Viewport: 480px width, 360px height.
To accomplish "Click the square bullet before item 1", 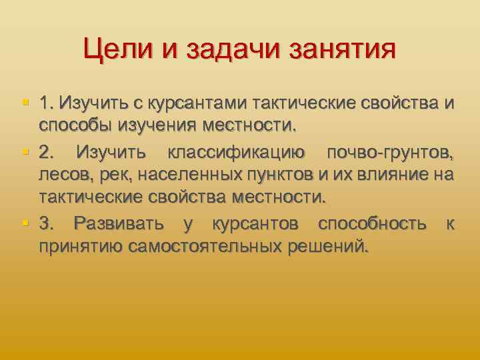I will [25, 103].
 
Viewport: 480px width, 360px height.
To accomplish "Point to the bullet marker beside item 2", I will [25, 152].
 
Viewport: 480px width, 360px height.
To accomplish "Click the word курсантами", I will [193, 104].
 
